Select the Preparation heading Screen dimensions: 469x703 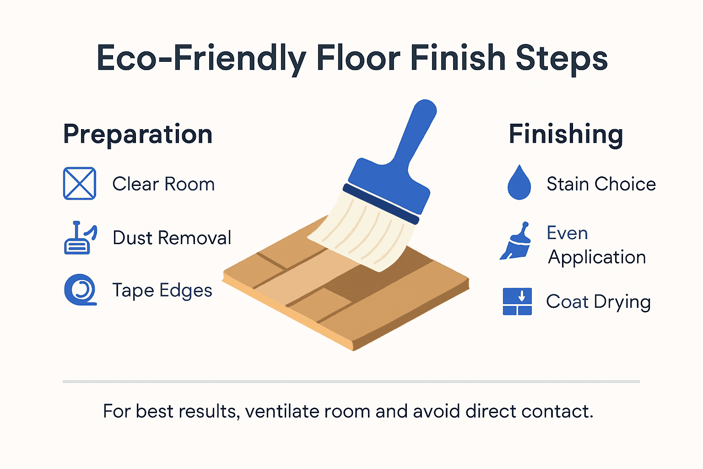pyautogui.click(x=138, y=134)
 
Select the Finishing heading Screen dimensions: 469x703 pyautogui.click(x=566, y=134)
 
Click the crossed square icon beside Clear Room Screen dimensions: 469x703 pyautogui.click(x=80, y=184)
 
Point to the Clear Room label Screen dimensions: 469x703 pyautogui.click(x=163, y=184)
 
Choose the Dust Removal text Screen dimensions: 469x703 pyautogui.click(x=172, y=238)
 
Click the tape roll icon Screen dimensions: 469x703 pyautogui.click(x=81, y=290)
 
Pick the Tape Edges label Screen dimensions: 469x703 pyautogui.click(x=162, y=290)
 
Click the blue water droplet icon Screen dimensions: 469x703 pyautogui.click(x=519, y=183)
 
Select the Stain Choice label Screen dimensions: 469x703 pyautogui.click(x=601, y=184)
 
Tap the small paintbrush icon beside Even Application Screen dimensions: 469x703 pyautogui.click(x=516, y=242)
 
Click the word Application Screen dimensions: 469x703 pyautogui.click(x=597, y=257)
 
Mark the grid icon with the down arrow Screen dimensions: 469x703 pyautogui.click(x=517, y=301)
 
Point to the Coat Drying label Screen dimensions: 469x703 pyautogui.click(x=598, y=302)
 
